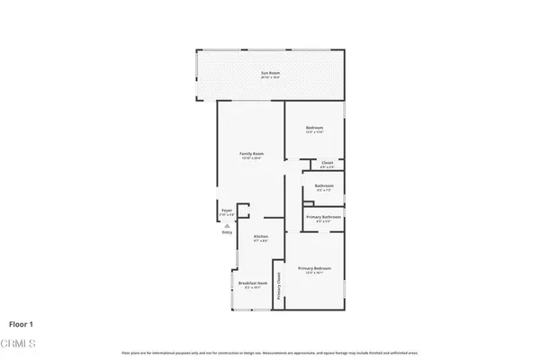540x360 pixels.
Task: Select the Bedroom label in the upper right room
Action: pos(314,129)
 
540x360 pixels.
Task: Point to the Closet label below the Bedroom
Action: pos(328,163)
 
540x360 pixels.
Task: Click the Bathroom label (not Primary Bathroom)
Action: pos(323,186)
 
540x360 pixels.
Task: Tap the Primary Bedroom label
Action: pos(315,268)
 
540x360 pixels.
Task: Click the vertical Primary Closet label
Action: pos(280,286)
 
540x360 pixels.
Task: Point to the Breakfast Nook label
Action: pos(249,283)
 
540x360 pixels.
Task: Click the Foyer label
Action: pos(227,211)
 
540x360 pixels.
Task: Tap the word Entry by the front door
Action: pos(227,233)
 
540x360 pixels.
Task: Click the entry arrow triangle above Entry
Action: pos(227,225)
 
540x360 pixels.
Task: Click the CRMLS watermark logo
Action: pos(20,343)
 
